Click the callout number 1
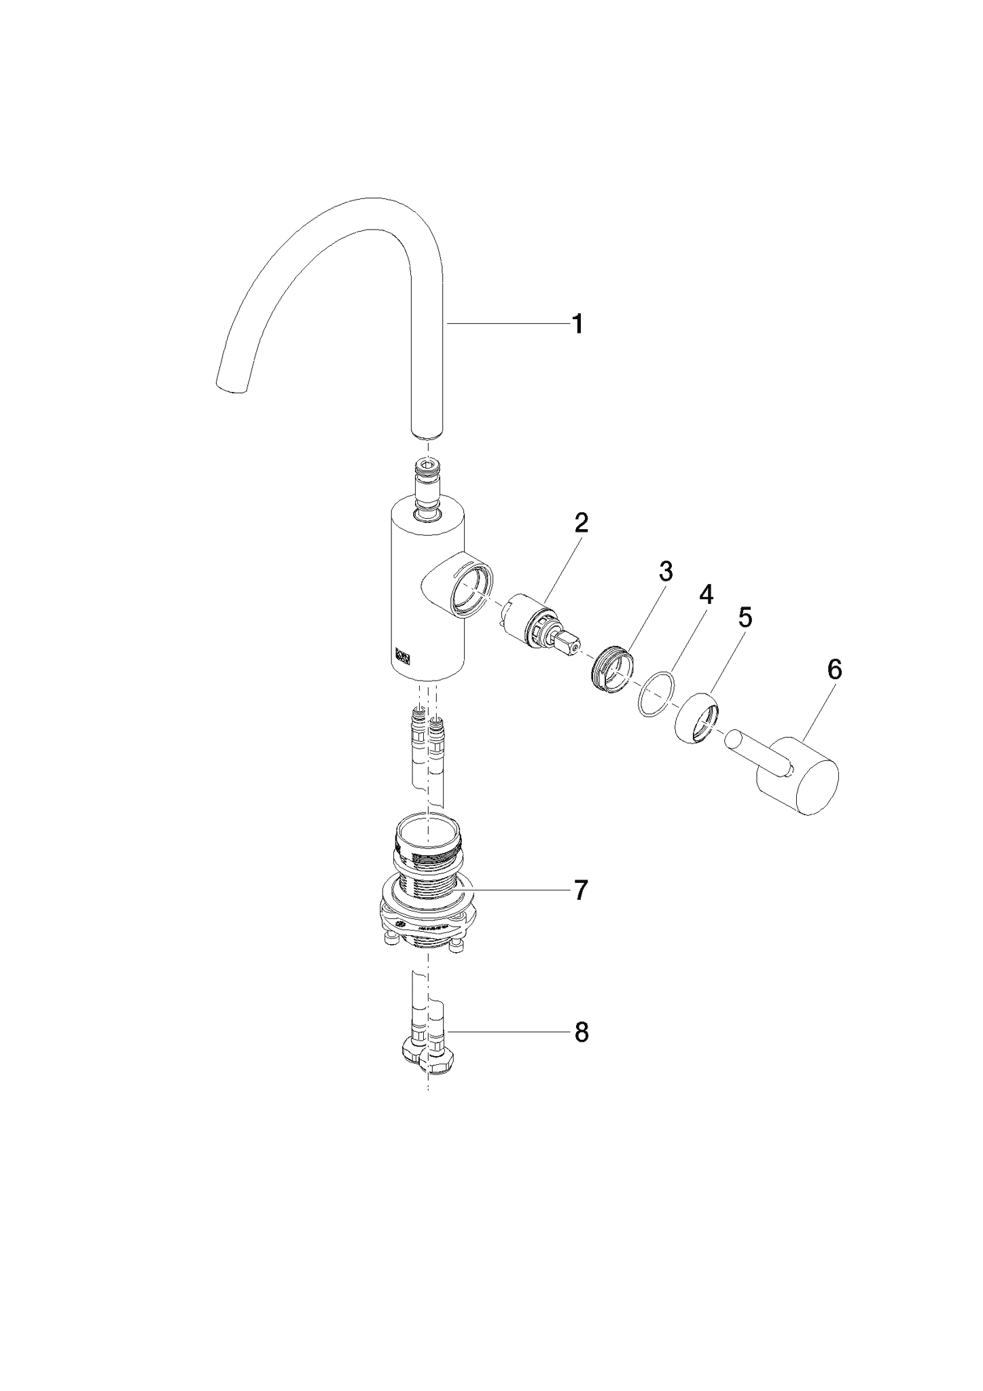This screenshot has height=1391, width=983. click(577, 324)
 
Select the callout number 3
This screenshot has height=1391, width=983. click(666, 572)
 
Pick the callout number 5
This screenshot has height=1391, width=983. click(745, 617)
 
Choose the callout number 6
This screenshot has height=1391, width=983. click(835, 670)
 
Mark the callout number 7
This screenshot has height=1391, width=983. click(580, 890)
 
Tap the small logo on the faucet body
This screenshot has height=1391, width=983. click(402, 655)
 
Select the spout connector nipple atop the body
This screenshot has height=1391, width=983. click(427, 489)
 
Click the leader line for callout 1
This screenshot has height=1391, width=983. click(507, 324)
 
